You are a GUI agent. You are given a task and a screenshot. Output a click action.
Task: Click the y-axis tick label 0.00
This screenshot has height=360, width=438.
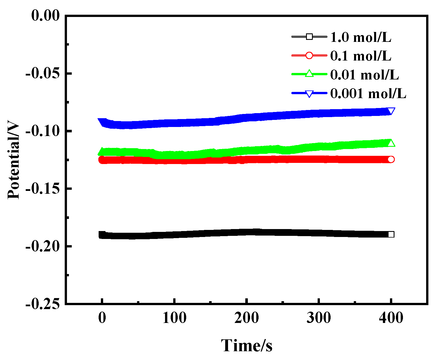45,15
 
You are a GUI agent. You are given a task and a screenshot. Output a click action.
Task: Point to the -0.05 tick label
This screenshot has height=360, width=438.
43,73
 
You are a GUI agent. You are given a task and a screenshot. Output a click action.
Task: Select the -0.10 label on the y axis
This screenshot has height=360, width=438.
43,131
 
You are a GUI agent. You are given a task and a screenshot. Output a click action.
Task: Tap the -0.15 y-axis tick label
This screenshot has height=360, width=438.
43,189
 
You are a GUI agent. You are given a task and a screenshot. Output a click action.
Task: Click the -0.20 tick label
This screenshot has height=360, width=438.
43,246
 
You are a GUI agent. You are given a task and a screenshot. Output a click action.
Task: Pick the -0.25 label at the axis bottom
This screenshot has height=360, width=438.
43,304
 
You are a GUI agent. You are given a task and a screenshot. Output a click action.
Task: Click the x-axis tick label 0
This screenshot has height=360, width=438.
102,318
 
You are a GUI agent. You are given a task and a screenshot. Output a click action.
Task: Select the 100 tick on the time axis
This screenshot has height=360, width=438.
174,318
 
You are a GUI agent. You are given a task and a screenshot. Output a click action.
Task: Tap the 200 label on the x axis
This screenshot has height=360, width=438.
246,318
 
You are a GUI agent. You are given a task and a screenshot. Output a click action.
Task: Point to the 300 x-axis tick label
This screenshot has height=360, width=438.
319,318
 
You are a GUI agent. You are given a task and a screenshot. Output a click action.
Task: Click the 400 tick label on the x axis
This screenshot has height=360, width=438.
391,318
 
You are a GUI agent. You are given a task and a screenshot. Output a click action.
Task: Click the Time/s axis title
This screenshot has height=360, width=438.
246,346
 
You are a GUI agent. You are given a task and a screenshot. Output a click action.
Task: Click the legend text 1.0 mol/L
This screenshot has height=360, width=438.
361,37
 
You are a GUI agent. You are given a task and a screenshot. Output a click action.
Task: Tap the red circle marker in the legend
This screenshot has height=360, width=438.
309,55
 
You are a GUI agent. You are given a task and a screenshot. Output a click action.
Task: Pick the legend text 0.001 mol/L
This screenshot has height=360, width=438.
368,93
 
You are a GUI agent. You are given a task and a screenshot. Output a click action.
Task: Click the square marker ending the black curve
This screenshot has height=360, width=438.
391,234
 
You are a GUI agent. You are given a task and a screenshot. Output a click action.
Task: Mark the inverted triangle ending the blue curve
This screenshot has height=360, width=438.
391,111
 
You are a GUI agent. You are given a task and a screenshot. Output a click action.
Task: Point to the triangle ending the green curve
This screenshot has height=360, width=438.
391,143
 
